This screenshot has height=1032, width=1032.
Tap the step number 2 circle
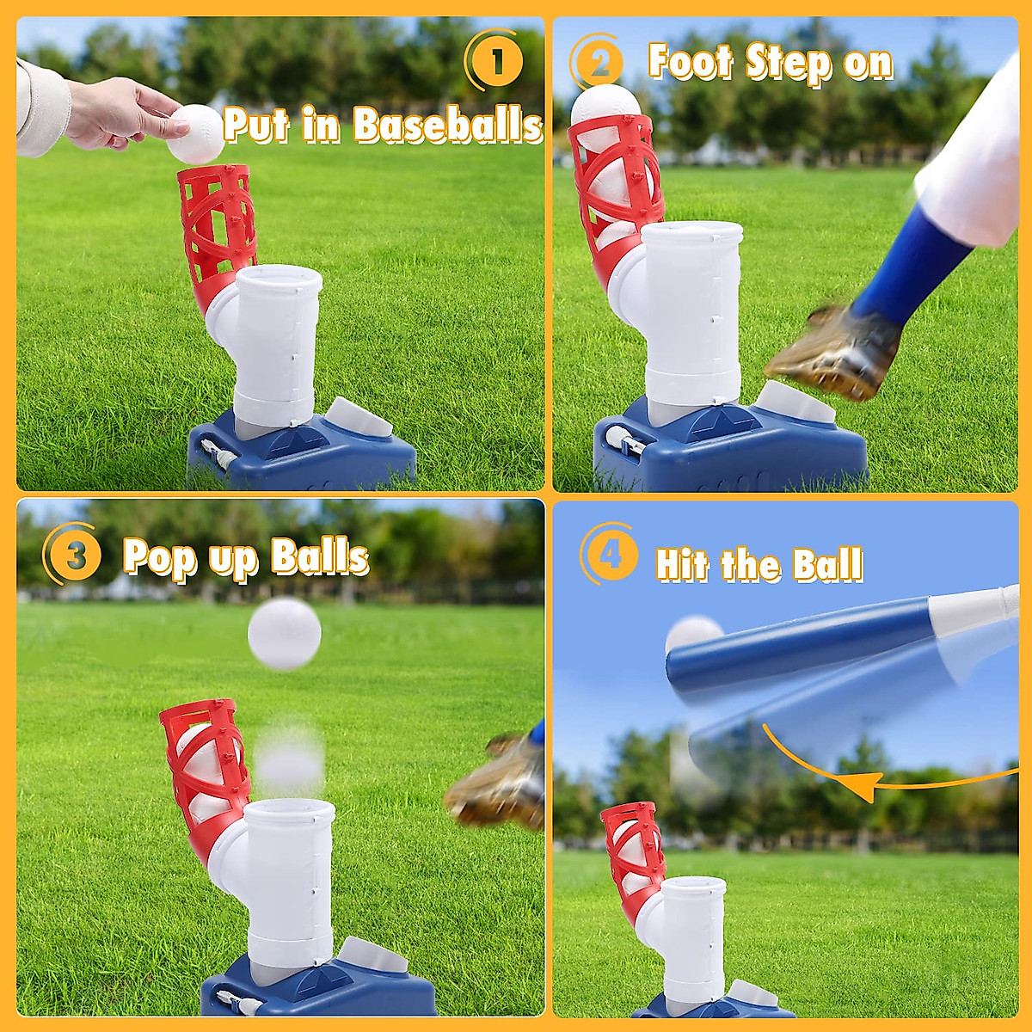(599, 63)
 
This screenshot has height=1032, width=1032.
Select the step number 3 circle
(76, 556)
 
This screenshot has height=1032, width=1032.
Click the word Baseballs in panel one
(447, 126)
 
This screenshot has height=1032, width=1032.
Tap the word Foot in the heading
(691, 63)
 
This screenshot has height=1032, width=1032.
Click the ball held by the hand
(196, 134)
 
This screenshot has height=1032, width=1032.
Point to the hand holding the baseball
(120, 112)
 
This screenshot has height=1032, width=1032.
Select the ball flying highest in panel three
(284, 634)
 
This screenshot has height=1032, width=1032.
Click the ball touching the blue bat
(692, 634)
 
